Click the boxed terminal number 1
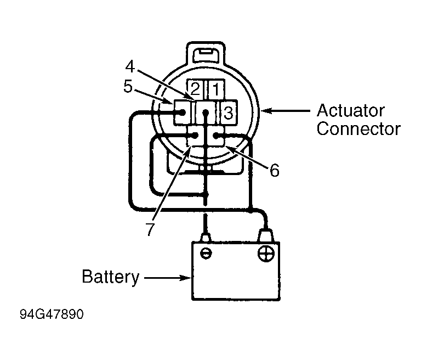(x=216, y=89)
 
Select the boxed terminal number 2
(x=195, y=89)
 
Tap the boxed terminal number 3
(x=229, y=113)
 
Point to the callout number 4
(x=130, y=66)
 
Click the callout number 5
(x=128, y=87)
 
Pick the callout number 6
(x=275, y=171)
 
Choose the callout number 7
(x=150, y=229)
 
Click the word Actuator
(x=351, y=110)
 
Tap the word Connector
(x=359, y=129)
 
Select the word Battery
(x=111, y=277)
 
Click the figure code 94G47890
(x=52, y=314)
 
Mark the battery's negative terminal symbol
(x=206, y=254)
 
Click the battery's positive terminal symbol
(x=266, y=254)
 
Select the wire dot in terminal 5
(x=183, y=112)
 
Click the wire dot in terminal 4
(x=206, y=113)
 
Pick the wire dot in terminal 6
(x=216, y=135)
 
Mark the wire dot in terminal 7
(x=195, y=135)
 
